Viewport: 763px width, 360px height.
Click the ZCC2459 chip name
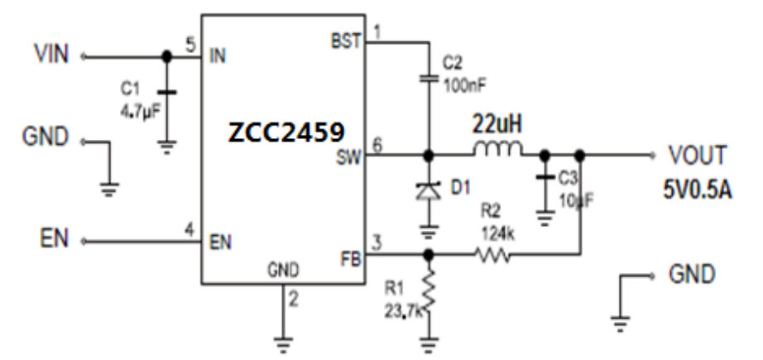282,132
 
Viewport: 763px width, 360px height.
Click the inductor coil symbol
497,151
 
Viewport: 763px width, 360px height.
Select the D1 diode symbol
429,190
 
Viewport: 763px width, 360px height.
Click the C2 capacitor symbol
429,78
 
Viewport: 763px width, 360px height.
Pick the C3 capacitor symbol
545,178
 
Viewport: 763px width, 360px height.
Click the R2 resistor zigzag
493,256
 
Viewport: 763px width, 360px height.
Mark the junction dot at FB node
429,256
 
